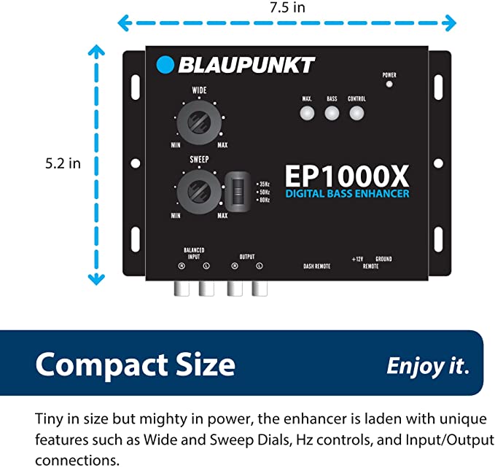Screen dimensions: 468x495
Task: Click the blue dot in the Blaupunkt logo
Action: [x=166, y=65]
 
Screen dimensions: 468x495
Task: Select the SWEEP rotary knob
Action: [x=198, y=188]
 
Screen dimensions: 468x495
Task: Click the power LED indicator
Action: [x=389, y=84]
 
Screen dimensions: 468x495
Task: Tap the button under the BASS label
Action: [x=332, y=113]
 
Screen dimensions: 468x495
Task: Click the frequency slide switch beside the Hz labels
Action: [x=235, y=190]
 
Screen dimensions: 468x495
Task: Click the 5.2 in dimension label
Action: [x=63, y=163]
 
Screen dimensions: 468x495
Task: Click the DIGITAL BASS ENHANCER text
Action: [x=347, y=195]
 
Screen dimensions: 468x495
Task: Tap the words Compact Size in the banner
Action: [x=136, y=363]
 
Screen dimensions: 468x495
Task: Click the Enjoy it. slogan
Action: [x=428, y=364]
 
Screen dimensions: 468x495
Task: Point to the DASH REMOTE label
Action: [x=317, y=266]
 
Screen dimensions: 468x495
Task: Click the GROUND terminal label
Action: [x=383, y=259]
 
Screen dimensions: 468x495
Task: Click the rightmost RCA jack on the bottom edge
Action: [x=257, y=289]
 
